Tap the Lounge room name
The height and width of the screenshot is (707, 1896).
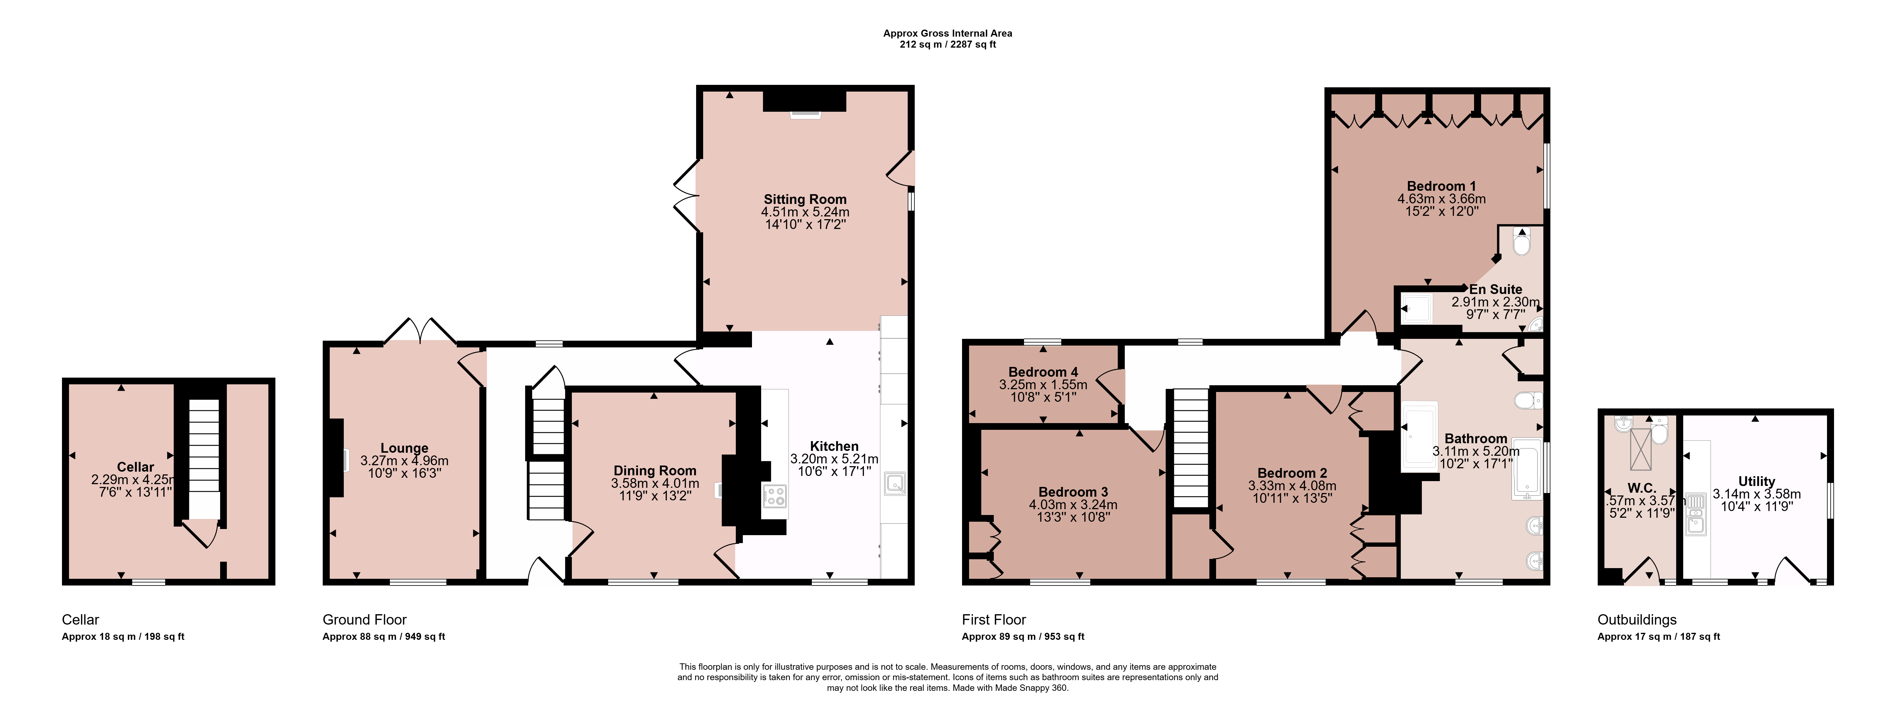404,448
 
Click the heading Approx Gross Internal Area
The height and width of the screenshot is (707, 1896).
947,33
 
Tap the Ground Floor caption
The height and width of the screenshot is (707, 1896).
364,619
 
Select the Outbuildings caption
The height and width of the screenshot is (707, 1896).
1637,619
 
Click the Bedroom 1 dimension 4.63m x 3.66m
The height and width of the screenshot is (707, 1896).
1441,199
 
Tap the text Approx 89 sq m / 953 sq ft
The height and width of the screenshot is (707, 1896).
1023,636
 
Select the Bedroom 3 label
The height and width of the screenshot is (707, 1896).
1073,492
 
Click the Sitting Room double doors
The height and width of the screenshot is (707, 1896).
687,196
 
